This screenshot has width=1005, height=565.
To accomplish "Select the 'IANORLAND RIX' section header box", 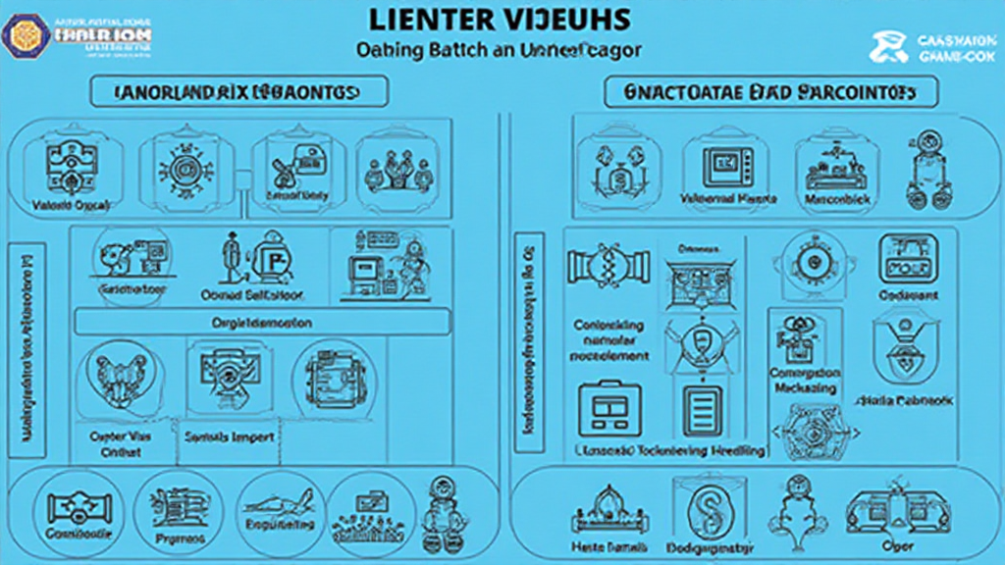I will (240, 92).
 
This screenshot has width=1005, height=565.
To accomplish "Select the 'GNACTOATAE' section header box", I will (769, 92).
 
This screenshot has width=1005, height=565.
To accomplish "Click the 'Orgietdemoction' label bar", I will (262, 322).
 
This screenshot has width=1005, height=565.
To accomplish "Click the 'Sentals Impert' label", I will (229, 437).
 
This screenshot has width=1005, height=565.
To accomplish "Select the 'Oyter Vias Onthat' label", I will (115, 444).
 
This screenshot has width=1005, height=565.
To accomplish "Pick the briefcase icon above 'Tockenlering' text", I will (602, 408).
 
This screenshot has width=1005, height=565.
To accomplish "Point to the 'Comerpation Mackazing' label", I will (805, 381).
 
